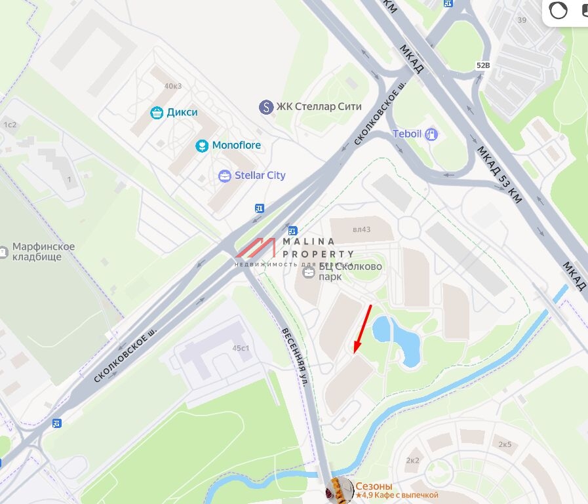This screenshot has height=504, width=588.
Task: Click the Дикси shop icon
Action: (157, 113)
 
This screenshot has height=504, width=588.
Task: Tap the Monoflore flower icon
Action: (202, 145)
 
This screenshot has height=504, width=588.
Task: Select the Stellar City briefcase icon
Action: (225, 176)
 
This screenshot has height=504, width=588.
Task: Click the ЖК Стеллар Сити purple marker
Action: (265, 107)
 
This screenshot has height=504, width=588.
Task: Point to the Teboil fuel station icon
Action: (431, 134)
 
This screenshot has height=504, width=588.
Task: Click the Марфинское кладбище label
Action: (43, 252)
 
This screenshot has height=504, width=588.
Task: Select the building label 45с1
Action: (240, 348)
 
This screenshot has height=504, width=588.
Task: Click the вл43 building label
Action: (361, 229)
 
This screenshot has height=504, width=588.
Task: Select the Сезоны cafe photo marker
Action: (339, 490)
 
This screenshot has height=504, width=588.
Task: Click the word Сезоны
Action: (374, 486)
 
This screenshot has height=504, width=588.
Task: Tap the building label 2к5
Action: (505, 444)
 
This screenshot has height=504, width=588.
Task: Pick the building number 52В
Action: (483, 66)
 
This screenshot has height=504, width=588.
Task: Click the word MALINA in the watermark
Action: (308, 242)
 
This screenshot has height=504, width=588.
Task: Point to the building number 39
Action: (522, 20)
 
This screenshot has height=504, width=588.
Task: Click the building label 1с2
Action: (10, 125)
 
